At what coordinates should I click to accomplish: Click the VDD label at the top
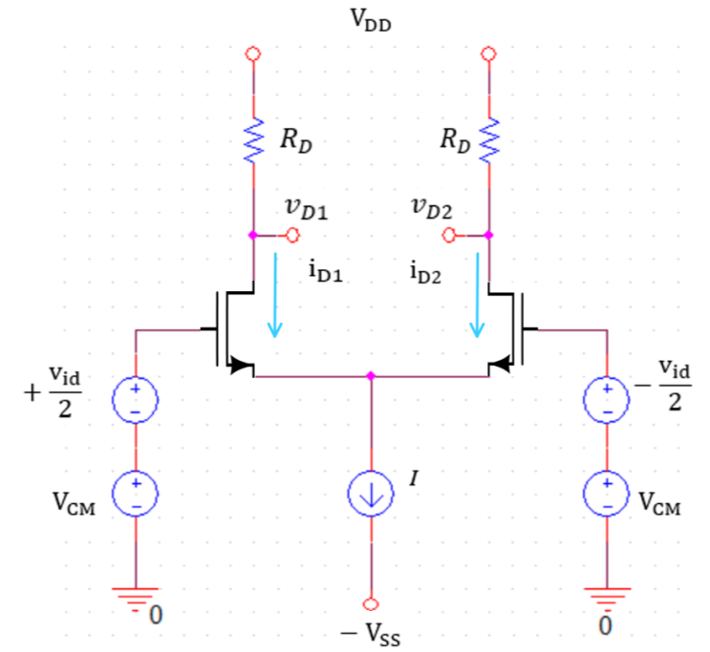(x=372, y=22)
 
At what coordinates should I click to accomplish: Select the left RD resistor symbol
(x=253, y=140)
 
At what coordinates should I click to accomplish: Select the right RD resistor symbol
(x=489, y=140)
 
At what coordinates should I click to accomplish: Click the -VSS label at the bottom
(x=372, y=631)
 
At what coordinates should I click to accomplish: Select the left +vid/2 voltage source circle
(x=136, y=400)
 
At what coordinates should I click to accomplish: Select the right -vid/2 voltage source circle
(x=607, y=400)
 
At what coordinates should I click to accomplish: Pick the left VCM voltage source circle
(x=136, y=494)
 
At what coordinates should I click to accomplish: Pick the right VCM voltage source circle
(x=607, y=494)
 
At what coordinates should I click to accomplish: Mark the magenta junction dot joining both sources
(x=371, y=377)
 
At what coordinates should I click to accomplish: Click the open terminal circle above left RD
(x=253, y=54)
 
